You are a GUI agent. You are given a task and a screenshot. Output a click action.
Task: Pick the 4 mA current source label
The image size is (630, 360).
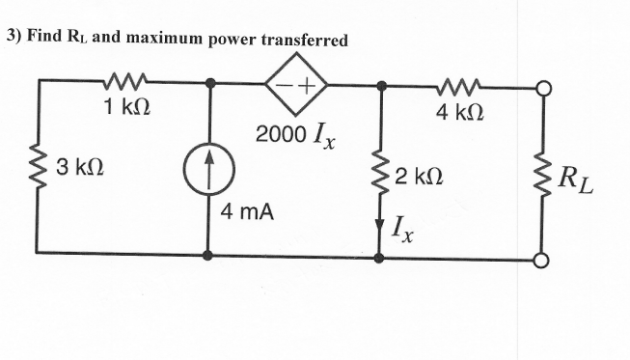[247, 210]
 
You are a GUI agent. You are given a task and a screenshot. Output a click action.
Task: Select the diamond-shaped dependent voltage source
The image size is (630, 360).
[297, 86]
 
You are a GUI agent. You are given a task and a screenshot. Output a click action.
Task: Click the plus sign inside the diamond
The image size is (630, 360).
[309, 86]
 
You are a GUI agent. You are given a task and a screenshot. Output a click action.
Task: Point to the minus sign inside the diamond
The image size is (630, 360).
[286, 86]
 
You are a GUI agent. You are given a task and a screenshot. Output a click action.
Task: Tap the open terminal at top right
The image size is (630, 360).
[543, 86]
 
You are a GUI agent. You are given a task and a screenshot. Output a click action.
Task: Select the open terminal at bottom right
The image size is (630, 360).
[543, 259]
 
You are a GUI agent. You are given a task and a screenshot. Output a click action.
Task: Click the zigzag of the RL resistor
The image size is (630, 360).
[543, 174]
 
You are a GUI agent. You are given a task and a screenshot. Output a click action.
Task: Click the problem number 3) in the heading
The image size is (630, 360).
[13, 39]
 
